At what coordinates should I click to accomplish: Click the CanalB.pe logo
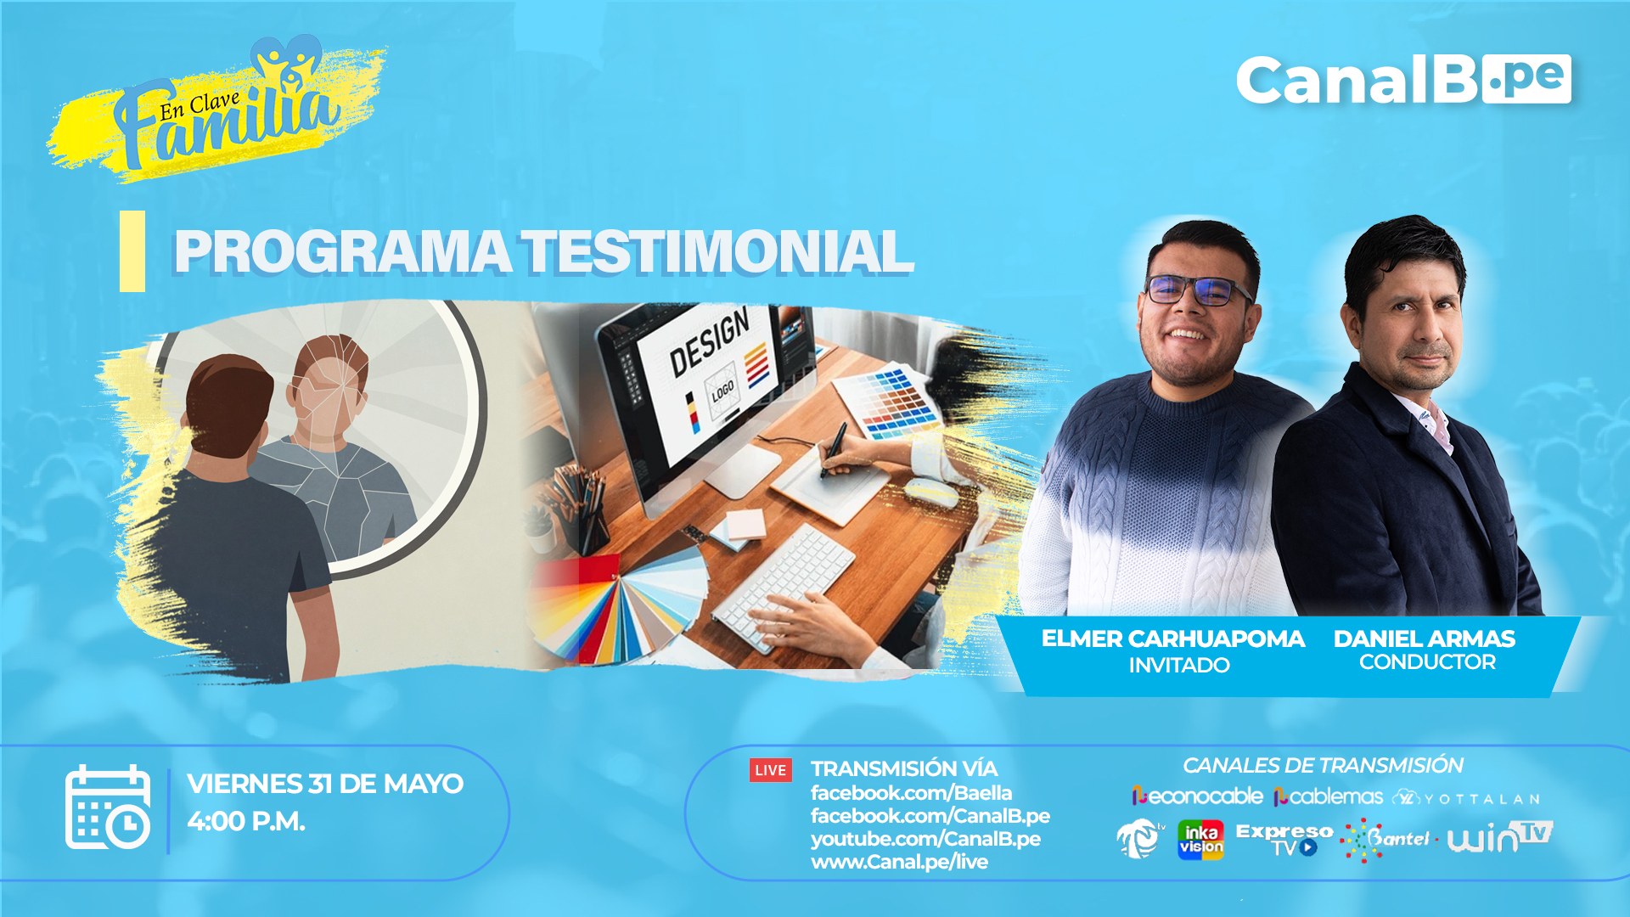pos(1403,80)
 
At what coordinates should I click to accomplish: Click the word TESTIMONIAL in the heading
pos(717,252)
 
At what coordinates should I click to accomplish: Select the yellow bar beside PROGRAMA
pos(132,251)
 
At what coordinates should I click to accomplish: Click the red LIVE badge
pos(771,770)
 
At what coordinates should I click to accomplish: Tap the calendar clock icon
pos(108,807)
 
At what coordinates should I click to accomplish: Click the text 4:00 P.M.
pos(246,821)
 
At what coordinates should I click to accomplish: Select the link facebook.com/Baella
pos(911,793)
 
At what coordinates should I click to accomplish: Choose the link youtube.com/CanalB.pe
pos(925,839)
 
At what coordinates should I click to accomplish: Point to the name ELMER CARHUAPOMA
pos(1172,639)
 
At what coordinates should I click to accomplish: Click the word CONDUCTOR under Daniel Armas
pos(1427,662)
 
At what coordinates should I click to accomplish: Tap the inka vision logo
pos(1200,840)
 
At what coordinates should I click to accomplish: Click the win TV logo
pos(1500,836)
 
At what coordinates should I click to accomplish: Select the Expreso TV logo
pos(1284,839)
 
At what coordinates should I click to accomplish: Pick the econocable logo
pos(1197,796)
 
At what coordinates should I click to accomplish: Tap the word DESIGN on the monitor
pos(710,342)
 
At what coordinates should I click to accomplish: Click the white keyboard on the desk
pos(783,587)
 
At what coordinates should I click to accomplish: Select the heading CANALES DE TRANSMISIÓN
pos(1323,766)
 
